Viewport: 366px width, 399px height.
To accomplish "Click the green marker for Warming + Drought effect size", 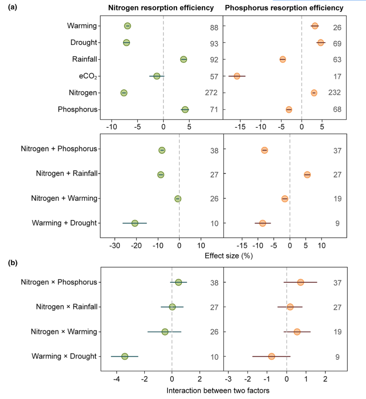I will (x=135, y=223).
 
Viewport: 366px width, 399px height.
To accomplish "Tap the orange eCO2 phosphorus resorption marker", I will (x=237, y=76).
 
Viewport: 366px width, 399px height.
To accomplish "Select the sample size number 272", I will (x=211, y=93).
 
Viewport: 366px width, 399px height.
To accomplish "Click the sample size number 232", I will (x=334, y=93).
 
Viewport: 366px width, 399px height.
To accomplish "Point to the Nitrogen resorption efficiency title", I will (x=161, y=8).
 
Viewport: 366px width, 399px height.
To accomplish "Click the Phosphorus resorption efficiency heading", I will (x=284, y=8).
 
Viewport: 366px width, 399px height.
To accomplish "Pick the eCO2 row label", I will (x=88, y=76).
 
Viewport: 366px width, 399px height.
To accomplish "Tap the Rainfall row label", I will (x=85, y=59).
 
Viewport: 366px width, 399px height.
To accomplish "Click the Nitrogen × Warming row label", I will (x=64, y=332).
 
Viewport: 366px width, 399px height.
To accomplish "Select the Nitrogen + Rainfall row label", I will (x=67, y=173).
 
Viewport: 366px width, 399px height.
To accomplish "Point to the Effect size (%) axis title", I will (x=229, y=256).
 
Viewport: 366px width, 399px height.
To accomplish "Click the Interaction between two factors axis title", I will (x=218, y=391).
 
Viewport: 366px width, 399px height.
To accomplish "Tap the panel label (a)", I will (x=13, y=7).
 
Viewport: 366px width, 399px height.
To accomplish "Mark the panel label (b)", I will (x=13, y=263).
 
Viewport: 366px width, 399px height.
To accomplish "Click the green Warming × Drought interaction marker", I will (x=125, y=357).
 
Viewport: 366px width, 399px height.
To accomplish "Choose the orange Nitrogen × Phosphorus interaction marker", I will (x=300, y=283).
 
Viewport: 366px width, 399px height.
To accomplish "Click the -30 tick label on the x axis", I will (x=115, y=246).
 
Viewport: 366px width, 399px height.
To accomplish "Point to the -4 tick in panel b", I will (x=117, y=379).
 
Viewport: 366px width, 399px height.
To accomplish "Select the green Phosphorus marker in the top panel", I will (x=185, y=110).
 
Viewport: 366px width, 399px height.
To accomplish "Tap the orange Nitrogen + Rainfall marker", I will (x=307, y=175).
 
